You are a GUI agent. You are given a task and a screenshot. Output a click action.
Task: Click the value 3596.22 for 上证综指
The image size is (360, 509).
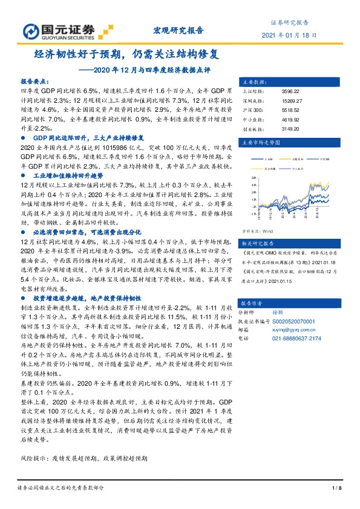coord(290,91)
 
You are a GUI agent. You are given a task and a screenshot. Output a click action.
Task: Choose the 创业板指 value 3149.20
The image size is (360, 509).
coord(290,129)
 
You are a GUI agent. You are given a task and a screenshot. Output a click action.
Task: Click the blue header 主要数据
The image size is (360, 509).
coord(252,81)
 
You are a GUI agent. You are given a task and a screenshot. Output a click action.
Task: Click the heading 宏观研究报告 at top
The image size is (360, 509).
coord(175,30)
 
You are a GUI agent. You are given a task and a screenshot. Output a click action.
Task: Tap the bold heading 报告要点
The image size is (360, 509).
coord(35,80)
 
